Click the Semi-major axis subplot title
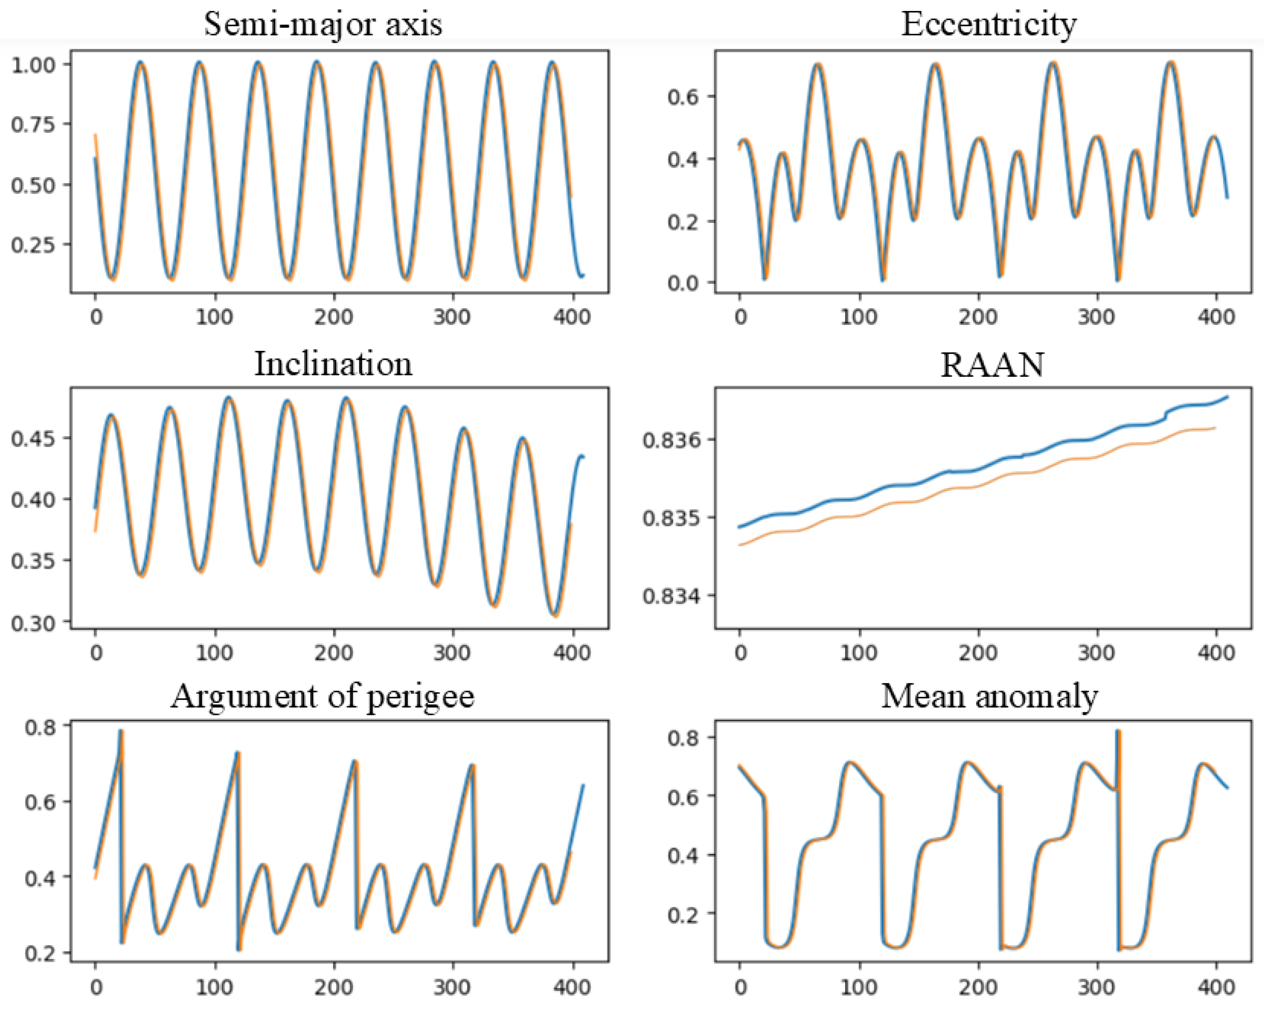pos(323,25)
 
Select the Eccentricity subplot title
pos(988,25)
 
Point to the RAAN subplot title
pos(992,365)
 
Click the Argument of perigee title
pos(323,697)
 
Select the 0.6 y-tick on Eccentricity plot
pos(683,97)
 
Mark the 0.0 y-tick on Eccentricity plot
pos(683,283)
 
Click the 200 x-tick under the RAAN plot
pos(978,653)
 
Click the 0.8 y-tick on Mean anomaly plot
pos(683,737)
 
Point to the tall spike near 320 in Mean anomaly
pos(1118,733)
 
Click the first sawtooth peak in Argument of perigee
pos(121,732)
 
